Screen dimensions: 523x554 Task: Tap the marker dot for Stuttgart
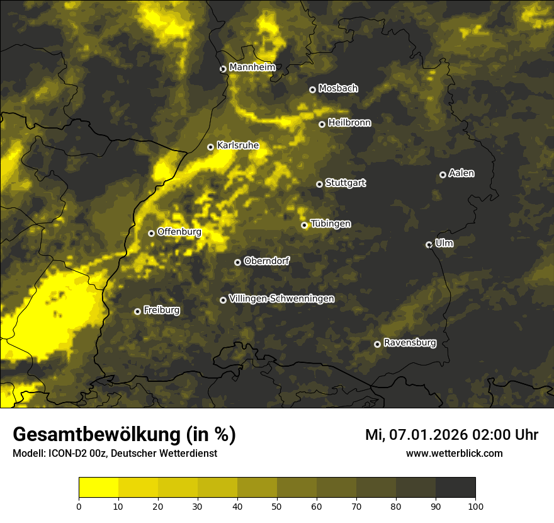tap(319, 184)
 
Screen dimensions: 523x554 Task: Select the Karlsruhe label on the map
tap(237, 146)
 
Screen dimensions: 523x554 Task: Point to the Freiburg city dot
tap(137, 311)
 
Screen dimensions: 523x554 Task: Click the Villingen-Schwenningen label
tap(281, 299)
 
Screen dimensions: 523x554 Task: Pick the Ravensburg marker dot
tap(377, 344)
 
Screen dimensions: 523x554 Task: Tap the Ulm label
tap(444, 243)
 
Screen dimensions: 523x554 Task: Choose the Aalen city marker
tap(443, 175)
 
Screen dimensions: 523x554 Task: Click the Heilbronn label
tap(349, 123)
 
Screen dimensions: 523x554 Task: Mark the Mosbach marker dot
tap(312, 89)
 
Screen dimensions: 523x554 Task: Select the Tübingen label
tap(331, 224)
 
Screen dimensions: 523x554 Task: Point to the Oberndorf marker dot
tap(237, 262)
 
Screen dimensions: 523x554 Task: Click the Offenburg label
tap(179, 232)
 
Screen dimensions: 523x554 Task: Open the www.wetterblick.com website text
tap(454, 454)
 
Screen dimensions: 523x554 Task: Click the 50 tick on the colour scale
tap(277, 506)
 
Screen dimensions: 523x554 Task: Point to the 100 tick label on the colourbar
tap(475, 506)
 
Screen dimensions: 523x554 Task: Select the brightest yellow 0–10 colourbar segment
tap(99, 488)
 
